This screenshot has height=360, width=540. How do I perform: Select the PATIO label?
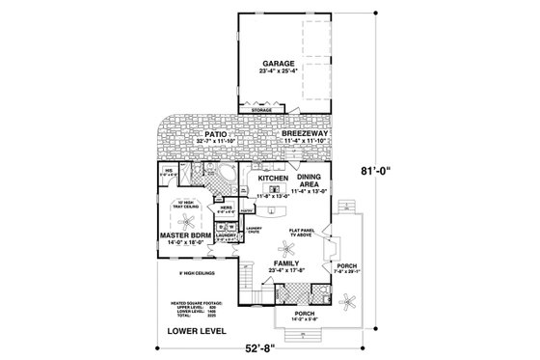pos(200,134)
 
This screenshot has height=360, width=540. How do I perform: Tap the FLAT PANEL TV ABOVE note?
pos(305,233)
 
